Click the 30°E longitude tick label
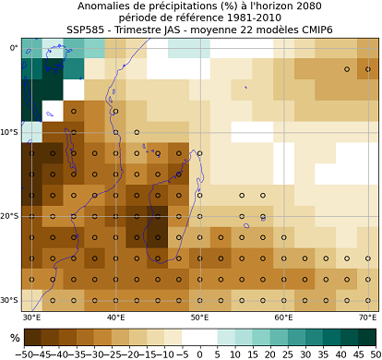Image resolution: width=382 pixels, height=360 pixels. coord(31,318)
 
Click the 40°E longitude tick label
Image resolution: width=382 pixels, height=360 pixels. coord(115,318)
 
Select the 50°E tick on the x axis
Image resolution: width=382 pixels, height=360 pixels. coord(199,318)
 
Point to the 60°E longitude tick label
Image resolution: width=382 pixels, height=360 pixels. coord(283,318)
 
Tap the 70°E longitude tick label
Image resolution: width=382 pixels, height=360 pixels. coord(367,318)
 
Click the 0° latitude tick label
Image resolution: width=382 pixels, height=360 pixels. coord(13,48)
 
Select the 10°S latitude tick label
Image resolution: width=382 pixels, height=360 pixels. coord(9,132)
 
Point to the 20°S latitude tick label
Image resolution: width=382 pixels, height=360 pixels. coord(9,216)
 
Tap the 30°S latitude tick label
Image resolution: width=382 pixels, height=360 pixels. coord(9,300)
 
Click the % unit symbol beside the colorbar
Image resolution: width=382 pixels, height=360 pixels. coord(14,338)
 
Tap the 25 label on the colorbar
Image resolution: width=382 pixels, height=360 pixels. coord(287,354)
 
